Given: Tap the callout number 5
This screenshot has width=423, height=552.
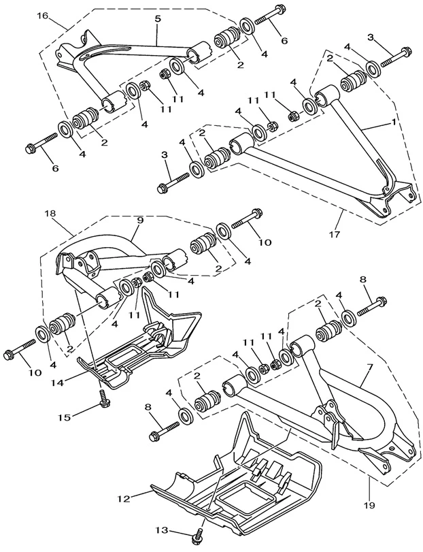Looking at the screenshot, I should point(157,20).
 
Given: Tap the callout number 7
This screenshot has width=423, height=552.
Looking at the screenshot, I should point(370,368).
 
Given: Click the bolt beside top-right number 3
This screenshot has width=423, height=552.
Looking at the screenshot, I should point(395,57).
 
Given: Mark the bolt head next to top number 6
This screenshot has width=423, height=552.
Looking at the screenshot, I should point(280,12).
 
